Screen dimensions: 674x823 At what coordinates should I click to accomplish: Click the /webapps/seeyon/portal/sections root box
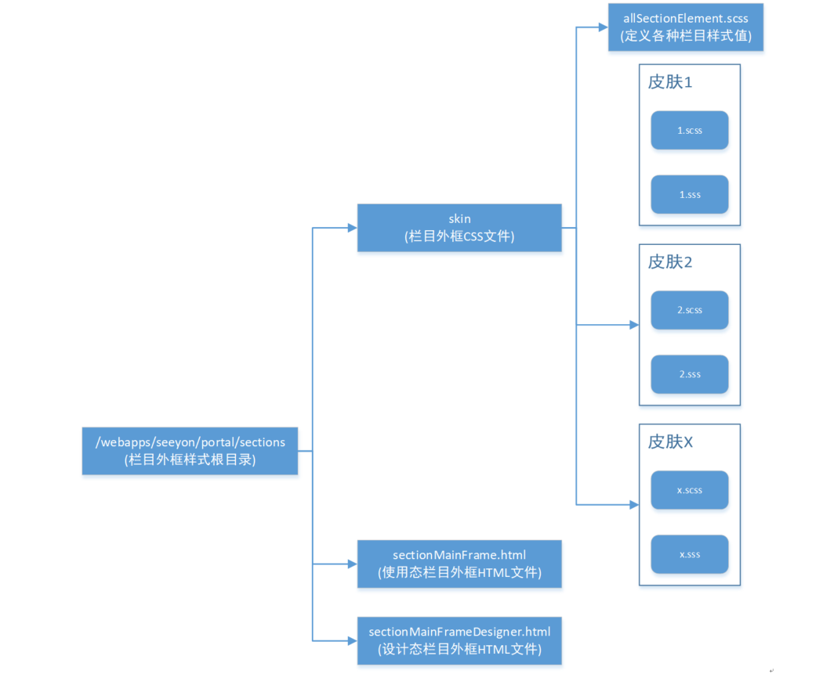click(190, 451)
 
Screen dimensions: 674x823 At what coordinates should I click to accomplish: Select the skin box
click(459, 228)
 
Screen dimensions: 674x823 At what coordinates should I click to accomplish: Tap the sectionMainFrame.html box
click(459, 564)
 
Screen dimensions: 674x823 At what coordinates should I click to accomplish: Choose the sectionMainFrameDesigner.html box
click(459, 640)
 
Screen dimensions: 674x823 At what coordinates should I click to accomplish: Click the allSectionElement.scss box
click(686, 27)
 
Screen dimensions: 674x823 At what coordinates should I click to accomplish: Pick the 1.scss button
click(690, 131)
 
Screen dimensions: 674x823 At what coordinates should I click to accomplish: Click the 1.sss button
click(690, 195)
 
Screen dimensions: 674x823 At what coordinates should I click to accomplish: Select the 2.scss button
click(690, 310)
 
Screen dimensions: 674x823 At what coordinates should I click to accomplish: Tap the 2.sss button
click(690, 374)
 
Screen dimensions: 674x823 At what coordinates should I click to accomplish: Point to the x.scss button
click(690, 490)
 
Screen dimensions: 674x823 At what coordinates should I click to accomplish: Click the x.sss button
click(690, 554)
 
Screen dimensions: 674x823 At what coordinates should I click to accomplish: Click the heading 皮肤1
click(670, 81)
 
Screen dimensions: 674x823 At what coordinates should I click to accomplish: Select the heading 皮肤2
click(670, 261)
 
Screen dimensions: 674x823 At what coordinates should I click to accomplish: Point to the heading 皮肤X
click(670, 442)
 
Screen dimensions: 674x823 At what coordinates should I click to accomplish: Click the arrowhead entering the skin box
click(352, 228)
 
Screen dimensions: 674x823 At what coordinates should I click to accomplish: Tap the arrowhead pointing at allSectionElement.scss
click(604, 27)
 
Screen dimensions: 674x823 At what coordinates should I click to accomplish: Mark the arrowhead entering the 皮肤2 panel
click(634, 324)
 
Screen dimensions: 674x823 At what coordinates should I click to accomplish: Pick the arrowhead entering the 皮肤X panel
click(634, 505)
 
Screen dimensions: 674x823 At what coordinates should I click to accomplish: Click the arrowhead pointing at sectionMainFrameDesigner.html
click(352, 640)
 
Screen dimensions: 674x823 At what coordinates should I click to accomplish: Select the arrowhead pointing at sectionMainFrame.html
click(352, 564)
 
